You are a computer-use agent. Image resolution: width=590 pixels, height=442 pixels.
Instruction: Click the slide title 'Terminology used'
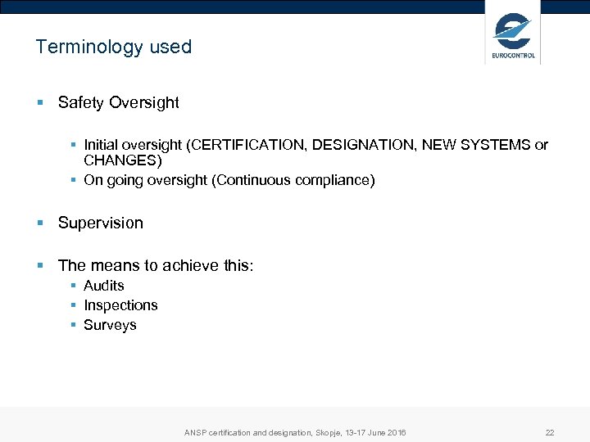[113, 47]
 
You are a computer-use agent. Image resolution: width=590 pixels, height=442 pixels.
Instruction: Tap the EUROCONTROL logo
[513, 36]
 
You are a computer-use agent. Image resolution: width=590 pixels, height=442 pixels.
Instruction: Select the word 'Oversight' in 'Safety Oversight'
[143, 102]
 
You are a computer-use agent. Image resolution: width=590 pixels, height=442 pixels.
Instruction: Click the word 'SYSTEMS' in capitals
[493, 145]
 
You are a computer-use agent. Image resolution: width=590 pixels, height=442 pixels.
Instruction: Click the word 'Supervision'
[100, 223]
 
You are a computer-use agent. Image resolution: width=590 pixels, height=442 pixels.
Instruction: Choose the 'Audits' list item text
[104, 286]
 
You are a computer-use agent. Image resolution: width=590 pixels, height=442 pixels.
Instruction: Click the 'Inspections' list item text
[120, 305]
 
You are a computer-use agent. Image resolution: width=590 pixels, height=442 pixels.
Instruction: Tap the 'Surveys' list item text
[110, 325]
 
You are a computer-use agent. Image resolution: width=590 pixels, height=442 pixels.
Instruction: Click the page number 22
[550, 432]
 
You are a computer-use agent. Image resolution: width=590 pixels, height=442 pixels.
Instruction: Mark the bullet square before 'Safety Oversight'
[40, 103]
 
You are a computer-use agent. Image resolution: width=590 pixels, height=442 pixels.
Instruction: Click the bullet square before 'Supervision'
[40, 223]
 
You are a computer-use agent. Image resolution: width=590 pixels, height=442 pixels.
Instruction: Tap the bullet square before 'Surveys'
[74, 326]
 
